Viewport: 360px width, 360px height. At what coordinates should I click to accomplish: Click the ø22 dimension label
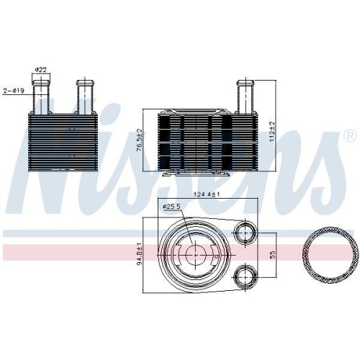pos(41,70)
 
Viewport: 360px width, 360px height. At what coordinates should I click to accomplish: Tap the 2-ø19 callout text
pos(14,91)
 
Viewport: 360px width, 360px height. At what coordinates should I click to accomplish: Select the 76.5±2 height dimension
pos(140,140)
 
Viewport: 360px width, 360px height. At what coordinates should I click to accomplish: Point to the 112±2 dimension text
pos(272,132)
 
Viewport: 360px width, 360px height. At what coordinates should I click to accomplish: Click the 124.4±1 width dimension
pos(207,194)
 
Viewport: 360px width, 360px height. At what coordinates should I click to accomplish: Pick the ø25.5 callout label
pos(171,206)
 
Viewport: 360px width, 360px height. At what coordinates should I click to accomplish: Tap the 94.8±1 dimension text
pos(140,256)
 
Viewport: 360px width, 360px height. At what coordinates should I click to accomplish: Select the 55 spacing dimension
pos(272,255)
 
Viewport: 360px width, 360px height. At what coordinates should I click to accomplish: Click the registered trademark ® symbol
pos(351,137)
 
